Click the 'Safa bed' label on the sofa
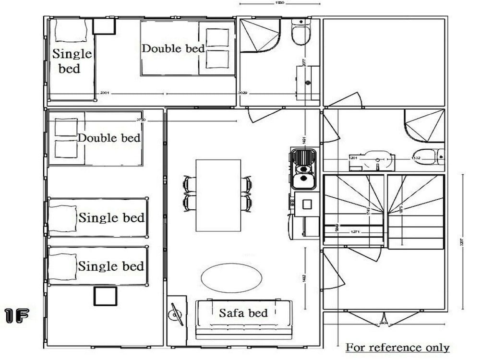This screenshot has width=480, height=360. [243, 313]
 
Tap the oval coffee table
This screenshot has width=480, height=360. [231, 278]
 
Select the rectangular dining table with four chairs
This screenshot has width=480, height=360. [218, 195]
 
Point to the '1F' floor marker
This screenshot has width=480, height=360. [17, 316]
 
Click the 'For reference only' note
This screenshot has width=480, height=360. [397, 348]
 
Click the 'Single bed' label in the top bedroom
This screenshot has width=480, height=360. [72, 60]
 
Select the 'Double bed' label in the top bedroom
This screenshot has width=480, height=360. [173, 48]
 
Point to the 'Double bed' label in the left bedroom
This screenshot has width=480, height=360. [109, 138]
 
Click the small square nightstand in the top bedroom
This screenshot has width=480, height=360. [104, 26]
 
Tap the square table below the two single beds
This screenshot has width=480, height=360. [105, 296]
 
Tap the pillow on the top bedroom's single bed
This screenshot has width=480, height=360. [71, 31]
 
